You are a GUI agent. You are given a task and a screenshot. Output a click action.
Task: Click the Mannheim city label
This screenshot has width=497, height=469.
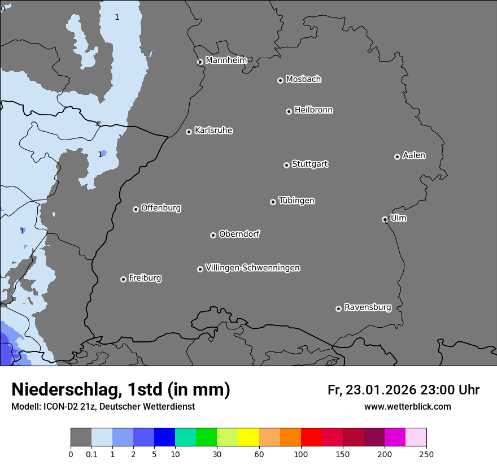coord(226,60)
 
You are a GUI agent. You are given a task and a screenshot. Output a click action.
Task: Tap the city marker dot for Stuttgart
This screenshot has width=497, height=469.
coord(286,165)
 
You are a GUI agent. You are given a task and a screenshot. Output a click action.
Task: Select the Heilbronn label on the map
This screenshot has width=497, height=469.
coord(313,110)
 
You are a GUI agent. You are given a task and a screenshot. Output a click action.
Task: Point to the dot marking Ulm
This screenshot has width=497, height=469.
coord(385,219)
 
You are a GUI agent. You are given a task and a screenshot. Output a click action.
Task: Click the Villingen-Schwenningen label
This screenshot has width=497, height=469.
coord(252,268)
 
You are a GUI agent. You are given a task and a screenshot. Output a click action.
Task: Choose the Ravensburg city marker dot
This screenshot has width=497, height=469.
coord(338,309)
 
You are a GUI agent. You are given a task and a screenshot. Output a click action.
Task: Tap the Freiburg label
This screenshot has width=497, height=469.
coord(145,278)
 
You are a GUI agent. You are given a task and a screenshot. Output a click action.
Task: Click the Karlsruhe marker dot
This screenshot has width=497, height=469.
coord(189,132)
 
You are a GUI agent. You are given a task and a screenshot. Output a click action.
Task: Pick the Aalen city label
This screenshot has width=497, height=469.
coord(414,155)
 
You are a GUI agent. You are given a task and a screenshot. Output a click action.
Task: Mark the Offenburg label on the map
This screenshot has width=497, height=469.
coord(161,208)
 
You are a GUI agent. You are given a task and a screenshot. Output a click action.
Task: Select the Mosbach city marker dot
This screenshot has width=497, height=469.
coord(280,80)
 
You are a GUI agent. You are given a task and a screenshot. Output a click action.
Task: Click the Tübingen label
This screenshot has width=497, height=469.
coord(297,201)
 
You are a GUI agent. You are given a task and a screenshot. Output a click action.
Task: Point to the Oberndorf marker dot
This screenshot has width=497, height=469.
coord(213,235)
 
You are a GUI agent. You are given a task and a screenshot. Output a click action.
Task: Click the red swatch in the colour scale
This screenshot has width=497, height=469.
coord(311,437)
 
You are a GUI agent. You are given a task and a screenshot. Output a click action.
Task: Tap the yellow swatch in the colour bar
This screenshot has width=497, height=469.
coord(249,437)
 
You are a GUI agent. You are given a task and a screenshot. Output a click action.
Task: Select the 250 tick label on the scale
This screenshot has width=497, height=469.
coord(426,453)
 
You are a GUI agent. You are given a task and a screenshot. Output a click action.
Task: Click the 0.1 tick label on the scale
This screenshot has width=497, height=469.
coord(91,453)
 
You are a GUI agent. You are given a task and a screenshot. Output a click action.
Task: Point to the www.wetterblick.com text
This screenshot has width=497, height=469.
coord(407,407)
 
